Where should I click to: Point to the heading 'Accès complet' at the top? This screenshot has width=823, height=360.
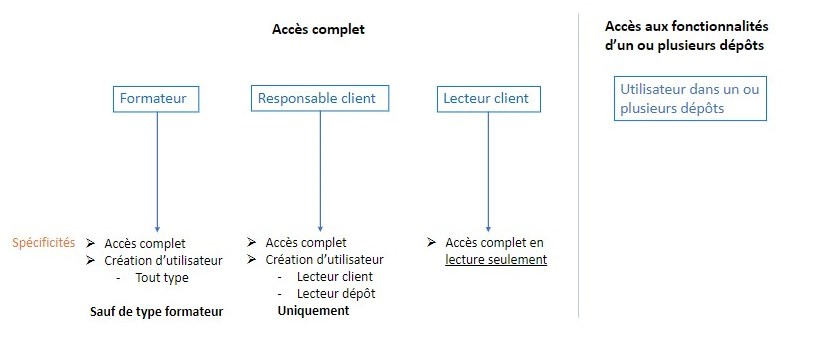click(x=318, y=29)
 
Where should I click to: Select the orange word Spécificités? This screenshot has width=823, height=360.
click(x=44, y=243)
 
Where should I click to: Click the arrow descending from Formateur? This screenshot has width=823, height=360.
click(x=157, y=172)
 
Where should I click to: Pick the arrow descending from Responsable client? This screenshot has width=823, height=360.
click(x=320, y=171)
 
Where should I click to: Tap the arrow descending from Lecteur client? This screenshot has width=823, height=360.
click(x=488, y=172)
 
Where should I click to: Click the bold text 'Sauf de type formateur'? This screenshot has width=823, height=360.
click(x=156, y=312)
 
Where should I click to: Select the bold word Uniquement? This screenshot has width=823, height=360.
click(x=313, y=311)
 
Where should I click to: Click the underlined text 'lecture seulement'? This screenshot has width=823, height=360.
click(x=496, y=260)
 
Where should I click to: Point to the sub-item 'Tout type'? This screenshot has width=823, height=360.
click(x=162, y=278)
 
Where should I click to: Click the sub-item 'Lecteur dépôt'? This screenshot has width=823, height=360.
click(x=336, y=294)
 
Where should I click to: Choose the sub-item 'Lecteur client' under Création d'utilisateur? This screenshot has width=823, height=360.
click(x=335, y=277)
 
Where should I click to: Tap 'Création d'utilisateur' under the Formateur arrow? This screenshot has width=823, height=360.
click(x=163, y=261)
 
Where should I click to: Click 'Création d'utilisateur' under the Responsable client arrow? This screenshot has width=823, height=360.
click(x=324, y=260)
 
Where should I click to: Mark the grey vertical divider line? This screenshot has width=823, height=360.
click(x=578, y=165)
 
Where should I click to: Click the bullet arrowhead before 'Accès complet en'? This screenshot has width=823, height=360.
click(x=431, y=242)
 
